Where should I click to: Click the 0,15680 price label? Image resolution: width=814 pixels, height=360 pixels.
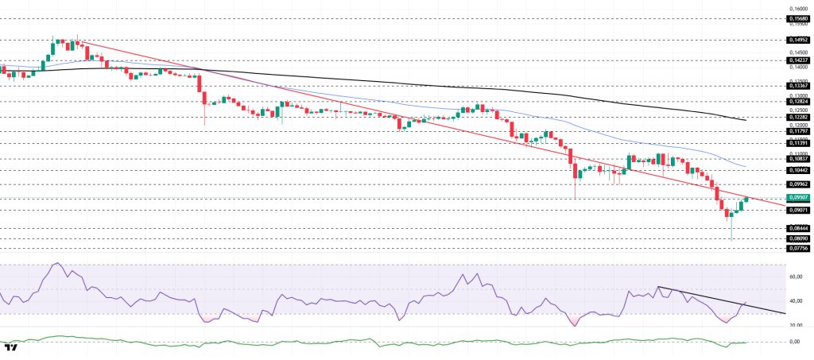(x=798, y=17)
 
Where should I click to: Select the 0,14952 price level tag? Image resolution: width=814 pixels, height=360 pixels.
(x=798, y=39)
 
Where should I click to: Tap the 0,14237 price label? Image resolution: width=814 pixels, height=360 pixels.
(x=798, y=60)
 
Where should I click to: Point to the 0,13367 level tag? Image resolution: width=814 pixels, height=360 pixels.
(x=798, y=86)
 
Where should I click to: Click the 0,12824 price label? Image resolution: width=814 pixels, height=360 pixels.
(x=798, y=102)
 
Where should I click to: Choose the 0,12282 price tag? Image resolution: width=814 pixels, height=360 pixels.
(x=798, y=117)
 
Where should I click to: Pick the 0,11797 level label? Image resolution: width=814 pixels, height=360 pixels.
(x=798, y=131)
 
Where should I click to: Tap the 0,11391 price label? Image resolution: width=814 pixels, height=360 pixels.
(x=798, y=143)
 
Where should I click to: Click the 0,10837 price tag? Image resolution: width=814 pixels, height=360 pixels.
(x=798, y=159)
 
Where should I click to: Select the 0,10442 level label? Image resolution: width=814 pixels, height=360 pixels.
(x=798, y=170)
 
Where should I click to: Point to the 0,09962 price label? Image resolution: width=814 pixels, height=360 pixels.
(x=798, y=184)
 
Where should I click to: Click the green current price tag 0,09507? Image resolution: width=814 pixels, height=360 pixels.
(x=798, y=197)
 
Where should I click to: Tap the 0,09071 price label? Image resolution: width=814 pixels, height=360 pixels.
(x=798, y=210)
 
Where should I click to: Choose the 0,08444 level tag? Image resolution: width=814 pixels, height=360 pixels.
(x=798, y=228)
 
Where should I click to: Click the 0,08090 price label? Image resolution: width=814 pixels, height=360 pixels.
(x=798, y=238)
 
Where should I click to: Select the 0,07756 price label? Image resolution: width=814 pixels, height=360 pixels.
(x=798, y=248)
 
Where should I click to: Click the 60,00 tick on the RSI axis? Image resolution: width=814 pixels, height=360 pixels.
(x=796, y=277)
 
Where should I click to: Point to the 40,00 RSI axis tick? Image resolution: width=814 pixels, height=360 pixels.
(x=796, y=301)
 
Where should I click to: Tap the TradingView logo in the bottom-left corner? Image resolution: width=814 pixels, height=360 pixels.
(x=11, y=347)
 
